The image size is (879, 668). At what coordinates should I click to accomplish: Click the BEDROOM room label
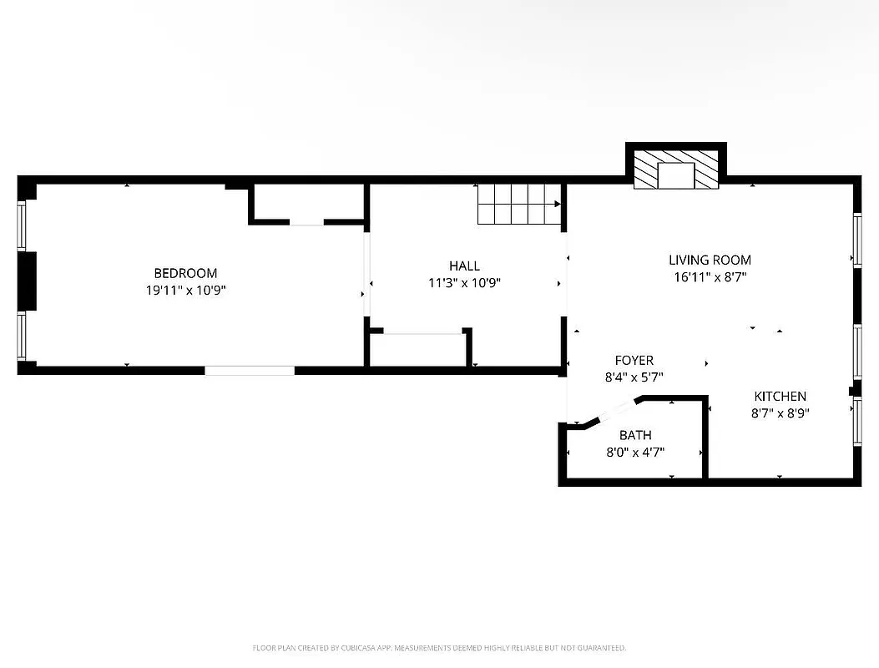185,273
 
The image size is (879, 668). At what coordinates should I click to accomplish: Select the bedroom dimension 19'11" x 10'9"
185,291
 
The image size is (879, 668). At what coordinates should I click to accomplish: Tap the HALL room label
464,266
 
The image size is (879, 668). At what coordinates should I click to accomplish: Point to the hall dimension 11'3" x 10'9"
464,283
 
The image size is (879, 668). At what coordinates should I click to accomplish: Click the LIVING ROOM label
710,260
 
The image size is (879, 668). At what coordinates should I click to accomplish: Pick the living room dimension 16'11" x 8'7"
710,277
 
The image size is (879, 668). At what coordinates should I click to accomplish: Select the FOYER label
634,360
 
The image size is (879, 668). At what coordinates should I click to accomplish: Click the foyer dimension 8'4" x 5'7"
634,377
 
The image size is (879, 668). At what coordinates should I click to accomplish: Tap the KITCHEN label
780,396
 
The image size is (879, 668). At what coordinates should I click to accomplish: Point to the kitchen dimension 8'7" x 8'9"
780,412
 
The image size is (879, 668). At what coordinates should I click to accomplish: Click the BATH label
635,435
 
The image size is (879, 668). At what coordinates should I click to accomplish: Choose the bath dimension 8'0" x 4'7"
635,453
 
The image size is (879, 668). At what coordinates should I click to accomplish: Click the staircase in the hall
518,204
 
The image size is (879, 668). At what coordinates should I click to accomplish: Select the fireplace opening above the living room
675,175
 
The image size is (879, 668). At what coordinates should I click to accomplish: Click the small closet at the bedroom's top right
307,203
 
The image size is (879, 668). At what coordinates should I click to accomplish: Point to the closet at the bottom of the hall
417,350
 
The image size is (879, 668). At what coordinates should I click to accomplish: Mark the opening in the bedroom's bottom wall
250,370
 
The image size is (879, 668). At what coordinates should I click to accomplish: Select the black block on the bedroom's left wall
28,281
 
